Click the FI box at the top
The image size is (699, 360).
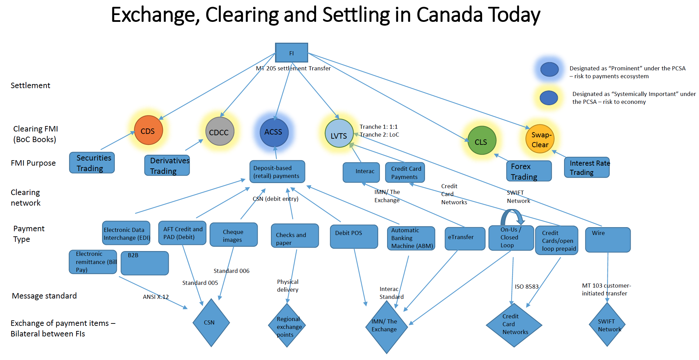pos(291,53)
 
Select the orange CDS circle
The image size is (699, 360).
pos(148,130)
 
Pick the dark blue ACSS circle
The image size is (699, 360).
pos(274,132)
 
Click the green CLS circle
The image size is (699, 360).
pos(481,140)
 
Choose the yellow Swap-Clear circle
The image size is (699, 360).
pos(540,139)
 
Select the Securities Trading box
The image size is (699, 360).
pos(92,163)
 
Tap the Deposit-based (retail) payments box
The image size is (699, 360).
pos(277,172)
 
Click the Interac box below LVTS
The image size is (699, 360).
pos(361,172)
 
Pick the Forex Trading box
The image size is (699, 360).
pos(529,171)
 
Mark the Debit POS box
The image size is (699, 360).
pos(354,236)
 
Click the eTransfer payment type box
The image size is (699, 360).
pos(465,238)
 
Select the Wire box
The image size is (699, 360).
pos(607,239)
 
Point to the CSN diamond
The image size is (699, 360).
pos(211,322)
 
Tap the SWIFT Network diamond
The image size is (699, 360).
pos(607,324)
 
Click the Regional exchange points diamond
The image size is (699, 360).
pos(287,326)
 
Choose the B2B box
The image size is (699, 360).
pos(145,263)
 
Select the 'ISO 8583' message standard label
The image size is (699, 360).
pos(526,287)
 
